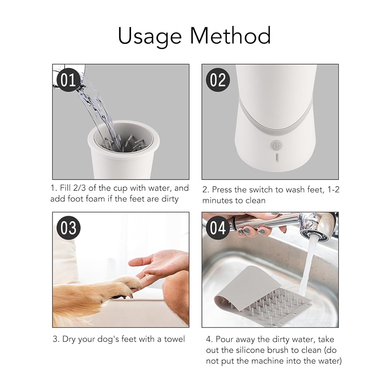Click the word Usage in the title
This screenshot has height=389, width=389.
coord(150,36)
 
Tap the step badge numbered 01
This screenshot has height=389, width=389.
coord(68,80)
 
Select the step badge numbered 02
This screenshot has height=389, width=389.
coord(218,80)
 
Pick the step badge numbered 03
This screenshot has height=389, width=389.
coord(68,228)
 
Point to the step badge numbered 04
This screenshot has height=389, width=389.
coord(218,228)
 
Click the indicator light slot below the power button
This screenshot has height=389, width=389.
coord(277,158)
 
